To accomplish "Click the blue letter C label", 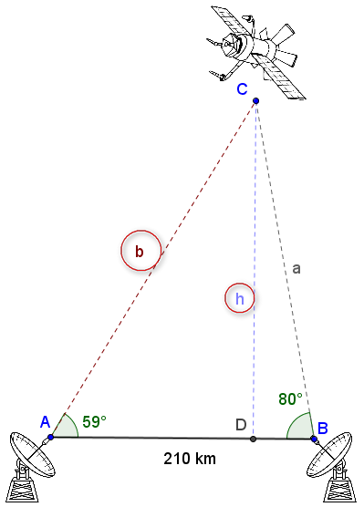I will coord(242,88).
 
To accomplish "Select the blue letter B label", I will coord(322,427).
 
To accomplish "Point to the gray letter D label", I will coord(241,425).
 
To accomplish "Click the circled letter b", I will coord(140,250).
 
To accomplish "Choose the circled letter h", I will coord(239,297).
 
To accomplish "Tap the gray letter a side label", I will coord(296,268).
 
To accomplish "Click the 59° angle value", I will coord(95,421).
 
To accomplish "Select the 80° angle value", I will coord(290,398).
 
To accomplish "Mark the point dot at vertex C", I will coord(256,101).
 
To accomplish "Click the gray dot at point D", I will coord(253,440).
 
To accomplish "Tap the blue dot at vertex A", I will coord(51,438).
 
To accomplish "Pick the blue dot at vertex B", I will coord(314,439).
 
